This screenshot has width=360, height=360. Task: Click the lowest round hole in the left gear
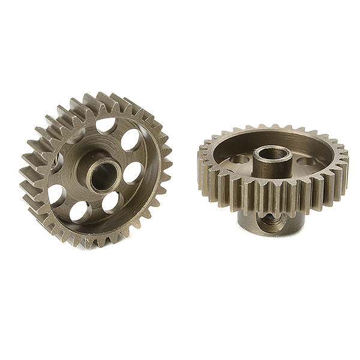point(80,211)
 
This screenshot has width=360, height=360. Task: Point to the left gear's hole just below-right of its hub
point(110,202)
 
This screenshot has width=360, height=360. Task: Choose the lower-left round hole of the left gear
point(56,194)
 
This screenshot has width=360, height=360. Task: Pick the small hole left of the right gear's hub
point(241,159)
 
